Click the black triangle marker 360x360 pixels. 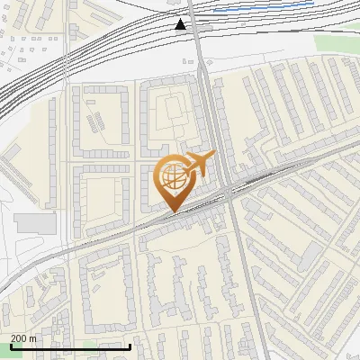click(x=181, y=24)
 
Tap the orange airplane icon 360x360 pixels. click(x=199, y=164)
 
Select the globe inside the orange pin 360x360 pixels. click(x=173, y=176)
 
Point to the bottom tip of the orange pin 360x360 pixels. click(x=173, y=211)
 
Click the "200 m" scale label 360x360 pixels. click(x=23, y=338)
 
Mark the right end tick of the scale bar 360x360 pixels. click(x=130, y=345)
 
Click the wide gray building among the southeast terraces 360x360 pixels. click(x=310, y=257)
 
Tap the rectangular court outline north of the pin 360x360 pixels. click(x=168, y=110)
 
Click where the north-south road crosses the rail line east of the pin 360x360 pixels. click(x=230, y=190)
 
